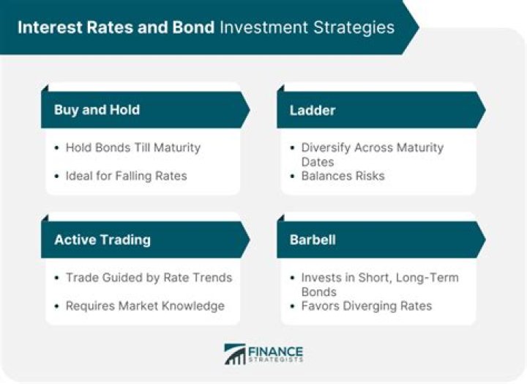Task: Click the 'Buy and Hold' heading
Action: coord(97,110)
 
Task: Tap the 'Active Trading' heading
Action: coord(102,240)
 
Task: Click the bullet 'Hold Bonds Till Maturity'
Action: coord(132,147)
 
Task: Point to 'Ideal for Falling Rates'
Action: coord(126,175)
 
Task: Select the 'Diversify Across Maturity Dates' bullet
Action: coord(372,154)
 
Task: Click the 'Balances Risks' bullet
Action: coord(343,175)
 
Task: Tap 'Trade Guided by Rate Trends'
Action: coord(149,278)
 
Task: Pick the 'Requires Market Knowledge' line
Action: coord(145,306)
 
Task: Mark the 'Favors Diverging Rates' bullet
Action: coord(366,306)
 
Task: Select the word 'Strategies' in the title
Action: coord(354,28)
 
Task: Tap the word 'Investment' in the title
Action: coord(264,28)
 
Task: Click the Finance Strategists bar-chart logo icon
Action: coord(235,354)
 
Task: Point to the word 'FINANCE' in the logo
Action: coord(276,350)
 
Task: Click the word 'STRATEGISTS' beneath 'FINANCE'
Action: coord(276,360)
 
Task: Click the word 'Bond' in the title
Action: coord(193,28)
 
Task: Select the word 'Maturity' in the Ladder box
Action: coord(416,147)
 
